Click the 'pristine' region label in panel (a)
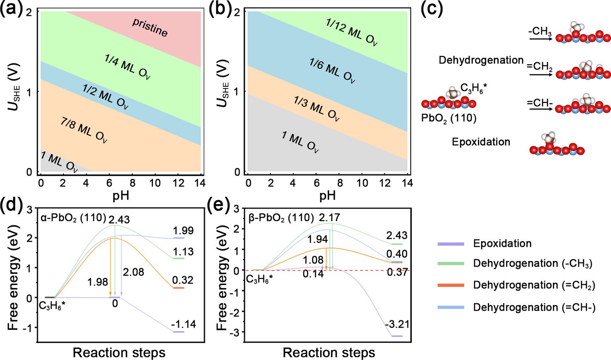(150, 27)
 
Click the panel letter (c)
(432, 8)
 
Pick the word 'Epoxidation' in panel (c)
(481, 142)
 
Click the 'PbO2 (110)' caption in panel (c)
(449, 118)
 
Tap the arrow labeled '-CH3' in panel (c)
(540, 38)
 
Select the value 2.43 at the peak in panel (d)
(119, 219)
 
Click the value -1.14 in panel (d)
(184, 324)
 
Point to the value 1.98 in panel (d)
(98, 282)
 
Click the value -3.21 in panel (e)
(397, 324)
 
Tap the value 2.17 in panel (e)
(329, 218)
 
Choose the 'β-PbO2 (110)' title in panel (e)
(281, 218)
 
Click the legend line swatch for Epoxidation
(451, 243)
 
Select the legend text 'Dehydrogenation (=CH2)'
(534, 285)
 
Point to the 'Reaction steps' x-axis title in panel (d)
(119, 352)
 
